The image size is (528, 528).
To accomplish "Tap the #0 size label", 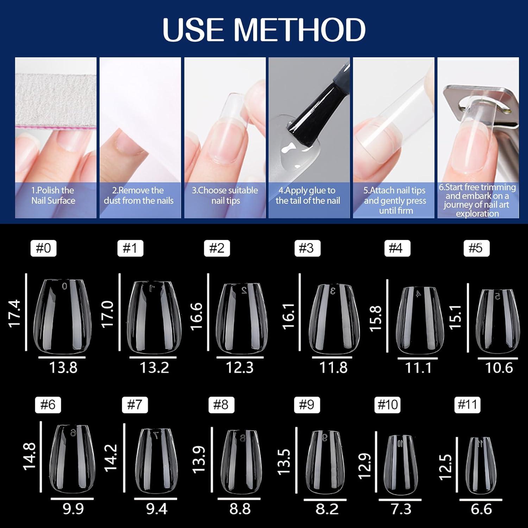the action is point(43,248).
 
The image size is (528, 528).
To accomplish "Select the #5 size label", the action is point(476,248).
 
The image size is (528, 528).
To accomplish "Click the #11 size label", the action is point(467,404).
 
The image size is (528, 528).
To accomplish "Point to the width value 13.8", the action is point(63,367).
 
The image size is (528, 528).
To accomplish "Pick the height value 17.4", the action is point(15,314).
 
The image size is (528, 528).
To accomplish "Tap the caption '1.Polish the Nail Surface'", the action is point(53,195).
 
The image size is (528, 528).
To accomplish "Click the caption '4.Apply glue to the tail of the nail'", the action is point(308,195).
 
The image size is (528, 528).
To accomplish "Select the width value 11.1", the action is point(418,368).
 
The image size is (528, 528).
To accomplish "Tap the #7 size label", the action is point(135,404).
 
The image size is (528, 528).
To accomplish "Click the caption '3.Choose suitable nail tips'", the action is point(225,195).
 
